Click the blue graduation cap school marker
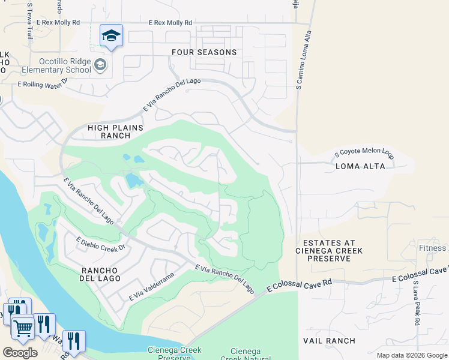111,37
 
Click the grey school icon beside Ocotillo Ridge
100,65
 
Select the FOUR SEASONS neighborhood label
204,52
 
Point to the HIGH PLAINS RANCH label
116,131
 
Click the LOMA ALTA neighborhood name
361,166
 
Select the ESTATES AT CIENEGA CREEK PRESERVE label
328,250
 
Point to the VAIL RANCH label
345,341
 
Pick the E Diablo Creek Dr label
100,244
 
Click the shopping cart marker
23,328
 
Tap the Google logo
20,352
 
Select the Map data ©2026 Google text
411,355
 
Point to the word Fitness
433,248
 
